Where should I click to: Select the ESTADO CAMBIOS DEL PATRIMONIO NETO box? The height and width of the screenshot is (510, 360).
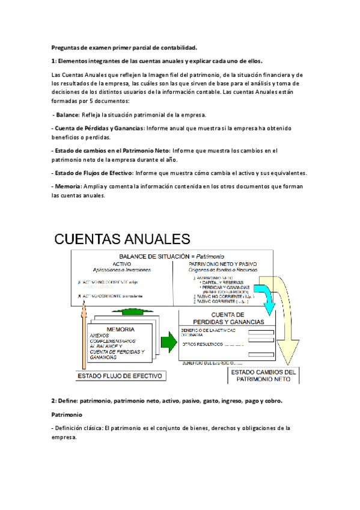(263, 376)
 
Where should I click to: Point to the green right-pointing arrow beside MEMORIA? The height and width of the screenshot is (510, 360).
(169, 342)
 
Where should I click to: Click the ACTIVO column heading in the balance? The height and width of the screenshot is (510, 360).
(121, 263)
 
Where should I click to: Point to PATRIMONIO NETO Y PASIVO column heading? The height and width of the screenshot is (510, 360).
(222, 263)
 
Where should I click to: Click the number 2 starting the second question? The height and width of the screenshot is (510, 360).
(53, 400)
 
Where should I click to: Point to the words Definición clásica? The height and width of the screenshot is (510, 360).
(78, 428)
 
